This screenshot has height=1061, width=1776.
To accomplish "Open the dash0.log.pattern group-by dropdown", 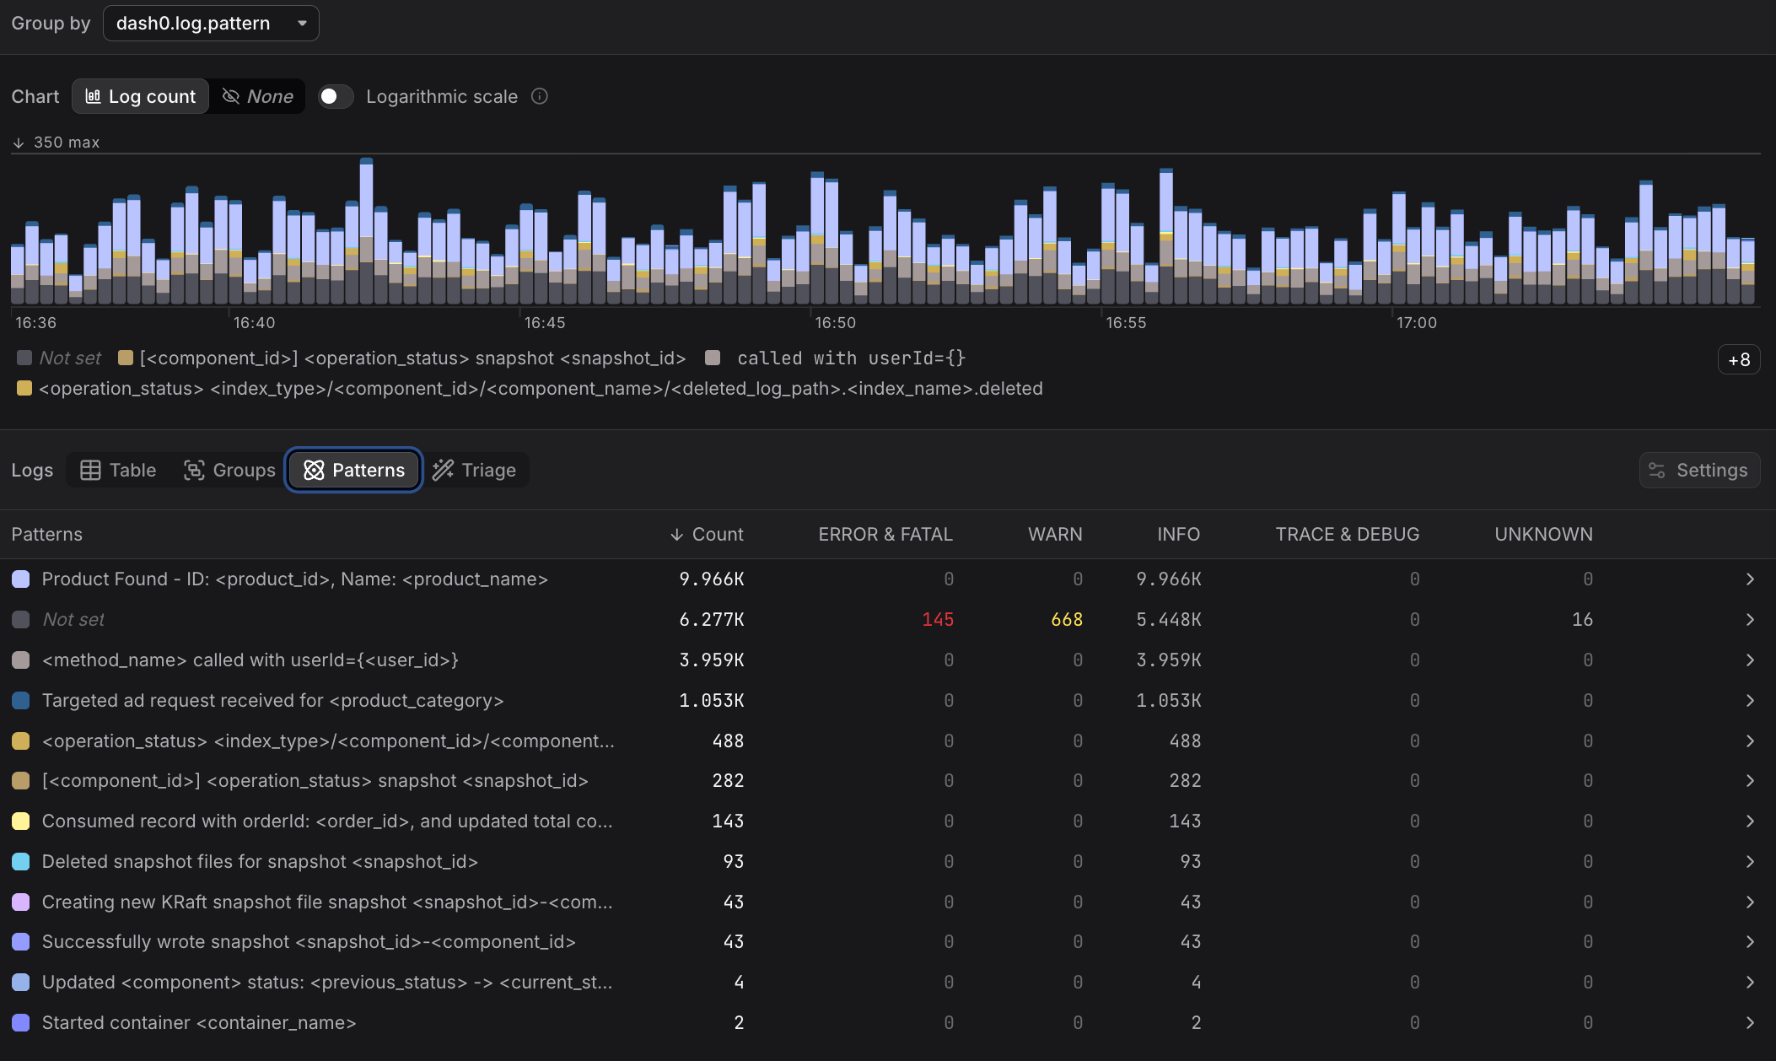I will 211,24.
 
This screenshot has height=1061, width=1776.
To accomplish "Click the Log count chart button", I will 141,97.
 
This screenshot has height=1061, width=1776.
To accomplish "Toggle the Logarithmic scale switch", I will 335,97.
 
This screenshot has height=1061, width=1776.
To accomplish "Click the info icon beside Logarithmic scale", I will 540,97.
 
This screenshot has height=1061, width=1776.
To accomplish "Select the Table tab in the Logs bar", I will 119,471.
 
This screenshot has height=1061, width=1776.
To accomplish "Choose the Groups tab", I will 229,471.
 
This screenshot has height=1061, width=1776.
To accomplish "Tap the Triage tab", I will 475,471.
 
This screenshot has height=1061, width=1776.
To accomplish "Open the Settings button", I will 1699,471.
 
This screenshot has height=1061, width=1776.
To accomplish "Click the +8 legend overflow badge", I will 1738,360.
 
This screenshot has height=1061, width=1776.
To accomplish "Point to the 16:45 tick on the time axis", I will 545,323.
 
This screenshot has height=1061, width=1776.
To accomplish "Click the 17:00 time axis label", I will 1417,323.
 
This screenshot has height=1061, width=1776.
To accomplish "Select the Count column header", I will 708,535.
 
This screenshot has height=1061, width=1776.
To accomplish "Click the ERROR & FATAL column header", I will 885,535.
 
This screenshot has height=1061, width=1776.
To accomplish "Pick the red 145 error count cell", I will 938,620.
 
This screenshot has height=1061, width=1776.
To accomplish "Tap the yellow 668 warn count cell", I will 1067,620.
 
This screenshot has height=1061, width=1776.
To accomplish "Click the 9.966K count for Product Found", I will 712,579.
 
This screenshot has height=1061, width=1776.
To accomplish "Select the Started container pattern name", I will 199,1023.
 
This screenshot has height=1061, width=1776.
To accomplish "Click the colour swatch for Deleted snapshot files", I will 21,862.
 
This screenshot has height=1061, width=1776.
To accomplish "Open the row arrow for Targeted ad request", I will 1750,701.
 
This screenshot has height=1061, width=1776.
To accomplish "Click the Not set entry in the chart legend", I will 70,358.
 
